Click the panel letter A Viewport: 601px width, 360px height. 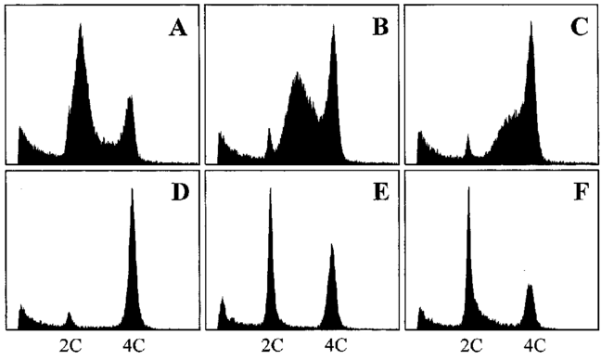[177, 29]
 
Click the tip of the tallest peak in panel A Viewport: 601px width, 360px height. [81, 24]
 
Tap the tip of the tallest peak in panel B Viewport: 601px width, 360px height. [333, 25]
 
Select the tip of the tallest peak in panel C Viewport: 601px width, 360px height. [531, 21]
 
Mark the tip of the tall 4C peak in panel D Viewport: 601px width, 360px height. [132, 189]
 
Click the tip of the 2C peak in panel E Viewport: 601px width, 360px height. [270, 189]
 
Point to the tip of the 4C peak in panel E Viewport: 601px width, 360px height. [332, 244]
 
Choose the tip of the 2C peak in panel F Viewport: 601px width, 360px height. [469, 187]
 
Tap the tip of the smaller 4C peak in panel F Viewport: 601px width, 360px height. [531, 285]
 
